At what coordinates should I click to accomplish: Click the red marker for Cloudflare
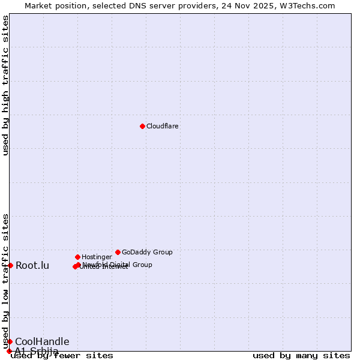tap(142, 126)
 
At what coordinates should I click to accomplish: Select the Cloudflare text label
tap(163, 127)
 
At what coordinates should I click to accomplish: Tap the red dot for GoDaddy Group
tap(118, 252)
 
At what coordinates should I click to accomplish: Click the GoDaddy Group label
tap(147, 253)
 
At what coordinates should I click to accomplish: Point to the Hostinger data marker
tap(77, 257)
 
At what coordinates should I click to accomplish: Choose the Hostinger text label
tap(97, 257)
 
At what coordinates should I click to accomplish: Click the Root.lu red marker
tap(10, 265)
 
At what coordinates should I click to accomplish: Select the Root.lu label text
tap(32, 266)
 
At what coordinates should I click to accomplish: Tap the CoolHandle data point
tap(10, 341)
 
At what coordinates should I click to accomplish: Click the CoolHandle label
tap(42, 342)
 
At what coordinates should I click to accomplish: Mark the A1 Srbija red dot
tap(9, 351)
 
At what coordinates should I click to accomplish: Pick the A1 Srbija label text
tap(37, 351)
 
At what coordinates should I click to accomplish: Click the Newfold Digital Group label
tap(118, 265)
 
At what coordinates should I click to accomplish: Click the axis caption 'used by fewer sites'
tap(62, 356)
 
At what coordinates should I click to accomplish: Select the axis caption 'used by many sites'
tap(301, 356)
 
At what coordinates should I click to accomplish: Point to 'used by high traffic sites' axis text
tap(6, 85)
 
